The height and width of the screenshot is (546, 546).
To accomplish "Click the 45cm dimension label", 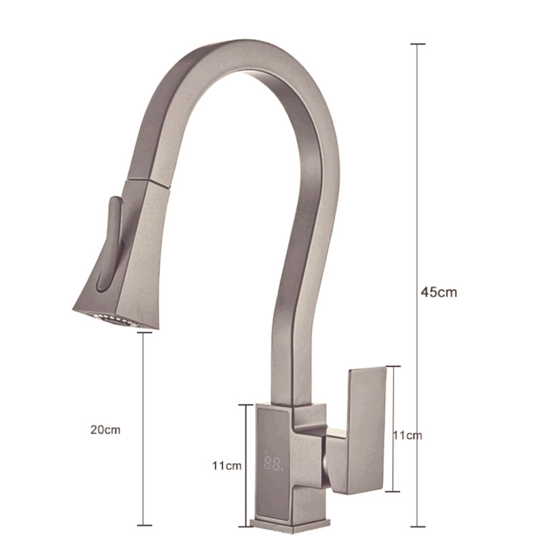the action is pyautogui.click(x=439, y=292).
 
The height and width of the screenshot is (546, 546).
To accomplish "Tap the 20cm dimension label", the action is pyautogui.click(x=106, y=430).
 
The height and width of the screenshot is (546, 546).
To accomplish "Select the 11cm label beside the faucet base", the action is pyautogui.click(x=227, y=465).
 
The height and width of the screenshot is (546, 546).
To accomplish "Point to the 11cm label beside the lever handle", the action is pyautogui.click(x=407, y=435).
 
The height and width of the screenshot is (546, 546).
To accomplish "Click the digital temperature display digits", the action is pyautogui.click(x=275, y=464).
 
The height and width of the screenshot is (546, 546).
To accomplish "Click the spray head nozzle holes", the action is pyautogui.click(x=115, y=319).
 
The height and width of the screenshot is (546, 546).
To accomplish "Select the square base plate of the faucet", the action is pyautogui.click(x=290, y=525).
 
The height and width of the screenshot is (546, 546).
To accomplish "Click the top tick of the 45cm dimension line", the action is pyautogui.click(x=418, y=44).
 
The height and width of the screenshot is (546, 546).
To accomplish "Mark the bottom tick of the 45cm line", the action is pyautogui.click(x=418, y=527).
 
